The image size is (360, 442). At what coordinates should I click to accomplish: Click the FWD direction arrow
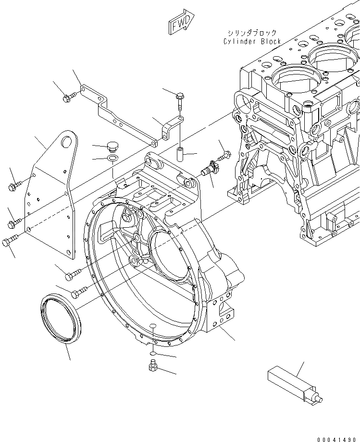[181, 23]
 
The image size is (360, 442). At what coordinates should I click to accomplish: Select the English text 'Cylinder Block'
[252, 41]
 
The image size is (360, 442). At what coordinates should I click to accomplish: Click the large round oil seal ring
[58, 320]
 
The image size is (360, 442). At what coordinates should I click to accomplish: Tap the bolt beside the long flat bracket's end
[68, 98]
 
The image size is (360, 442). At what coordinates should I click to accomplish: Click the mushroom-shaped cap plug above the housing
[113, 145]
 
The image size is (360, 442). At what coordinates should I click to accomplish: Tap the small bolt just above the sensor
[225, 155]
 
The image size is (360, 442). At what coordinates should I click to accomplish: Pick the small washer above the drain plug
[151, 354]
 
